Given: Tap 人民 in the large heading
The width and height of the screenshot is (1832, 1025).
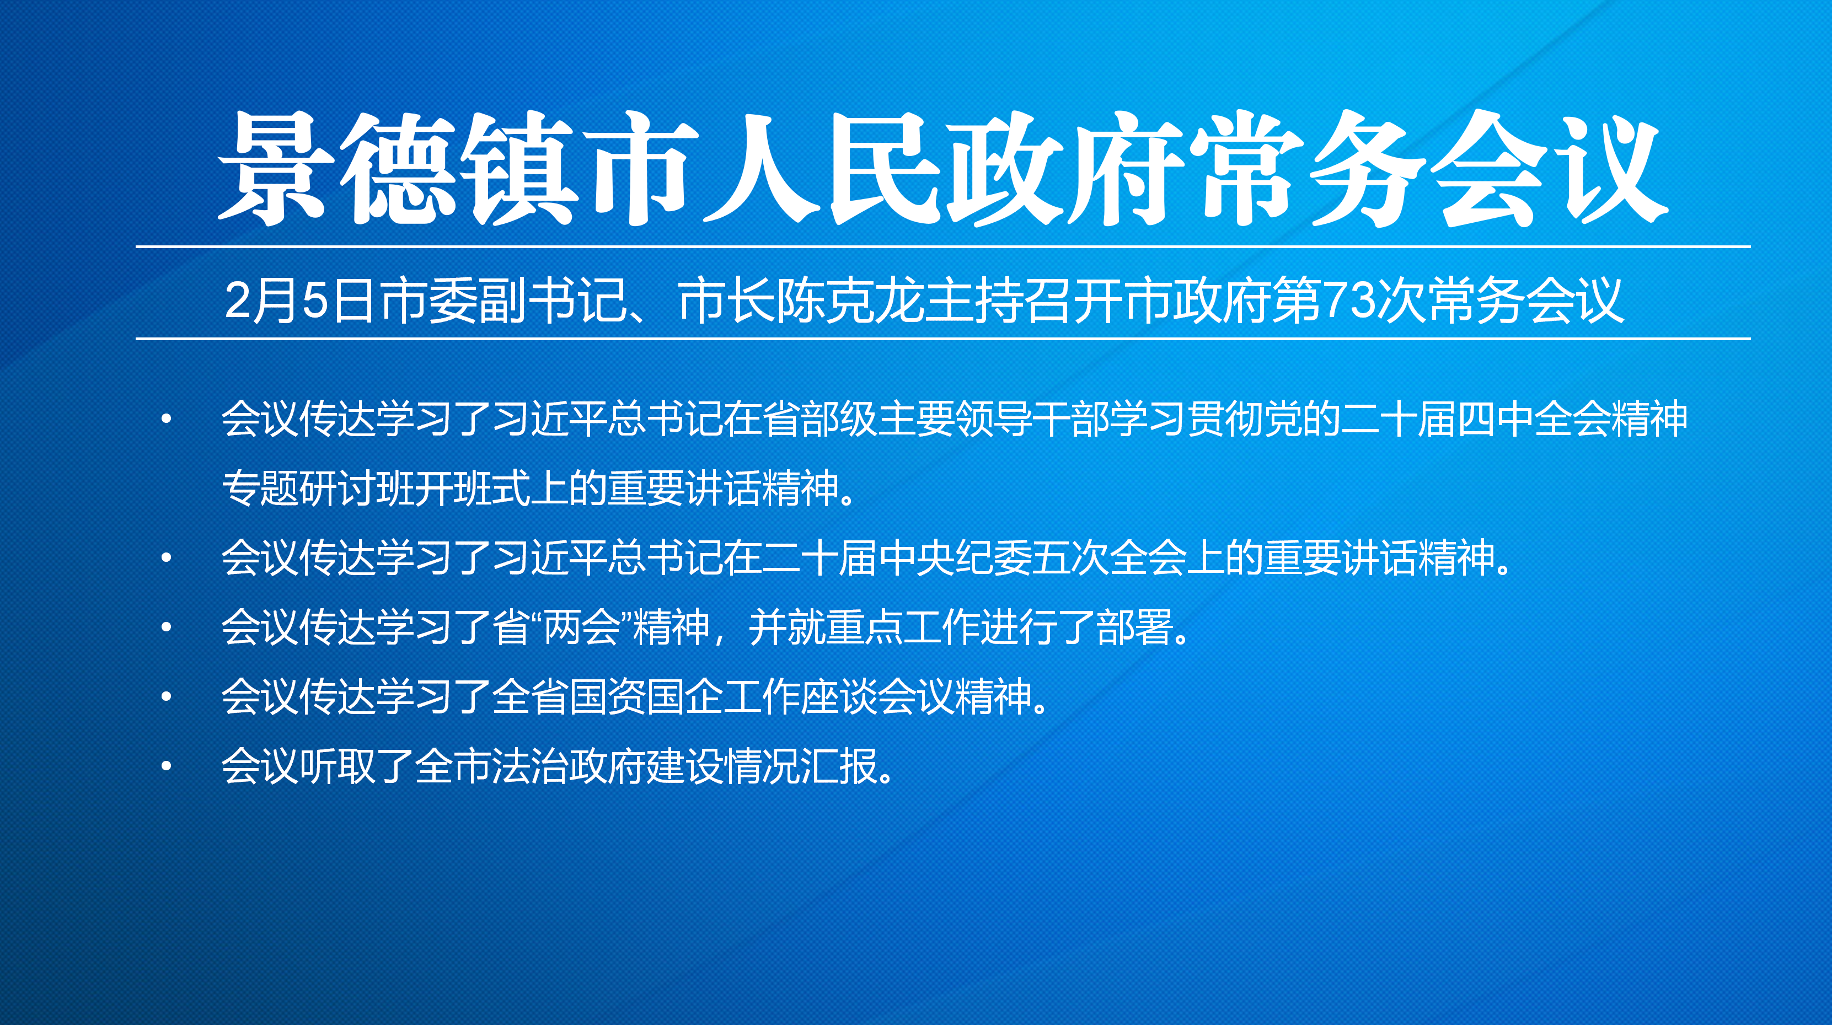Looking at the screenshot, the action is pyautogui.click(x=819, y=169).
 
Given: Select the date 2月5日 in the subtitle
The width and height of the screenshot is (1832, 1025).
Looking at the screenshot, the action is pyautogui.click(x=299, y=300).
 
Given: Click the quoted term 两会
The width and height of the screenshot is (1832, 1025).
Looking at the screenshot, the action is pyautogui.click(x=582, y=626).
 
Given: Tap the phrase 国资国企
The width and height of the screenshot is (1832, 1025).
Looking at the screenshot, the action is pyautogui.click(x=646, y=696).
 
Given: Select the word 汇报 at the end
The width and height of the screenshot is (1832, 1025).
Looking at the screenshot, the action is pyautogui.click(x=838, y=765).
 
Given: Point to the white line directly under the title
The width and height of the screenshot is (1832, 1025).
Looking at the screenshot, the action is pyautogui.click(x=943, y=246).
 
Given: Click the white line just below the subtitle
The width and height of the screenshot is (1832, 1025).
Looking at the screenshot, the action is pyautogui.click(x=943, y=339).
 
